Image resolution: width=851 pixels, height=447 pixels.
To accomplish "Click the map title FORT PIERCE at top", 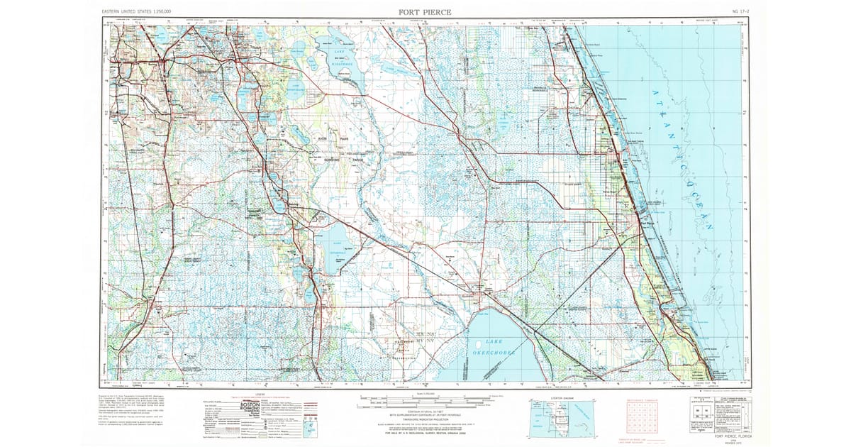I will point(424,12).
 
